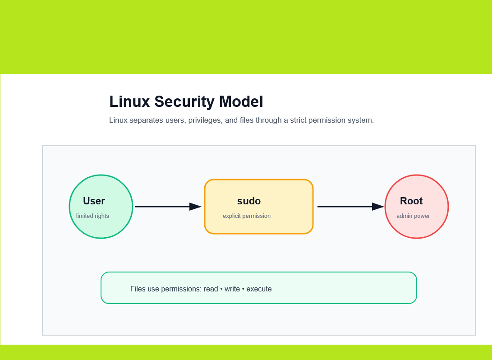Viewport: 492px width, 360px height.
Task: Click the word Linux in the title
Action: (129, 102)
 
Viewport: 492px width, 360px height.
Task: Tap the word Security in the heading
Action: (184, 102)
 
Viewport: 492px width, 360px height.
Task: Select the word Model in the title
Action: (241, 102)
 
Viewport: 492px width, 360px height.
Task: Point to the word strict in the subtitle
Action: (298, 120)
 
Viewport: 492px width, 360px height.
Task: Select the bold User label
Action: (94, 201)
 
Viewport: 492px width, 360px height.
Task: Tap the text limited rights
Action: (92, 216)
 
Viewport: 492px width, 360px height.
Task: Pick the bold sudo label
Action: (249, 201)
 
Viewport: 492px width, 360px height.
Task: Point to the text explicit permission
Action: (247, 216)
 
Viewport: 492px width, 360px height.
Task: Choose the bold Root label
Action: (411, 201)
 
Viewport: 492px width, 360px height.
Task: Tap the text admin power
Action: (413, 216)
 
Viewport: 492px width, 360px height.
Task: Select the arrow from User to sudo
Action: (168, 207)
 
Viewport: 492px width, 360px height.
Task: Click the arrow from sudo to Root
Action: (351, 207)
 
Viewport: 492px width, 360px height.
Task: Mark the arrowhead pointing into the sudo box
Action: (195, 207)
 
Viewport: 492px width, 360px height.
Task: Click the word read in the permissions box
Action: (211, 289)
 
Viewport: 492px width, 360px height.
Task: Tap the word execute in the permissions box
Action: (259, 289)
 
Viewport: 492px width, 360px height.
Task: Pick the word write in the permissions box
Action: (232, 289)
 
